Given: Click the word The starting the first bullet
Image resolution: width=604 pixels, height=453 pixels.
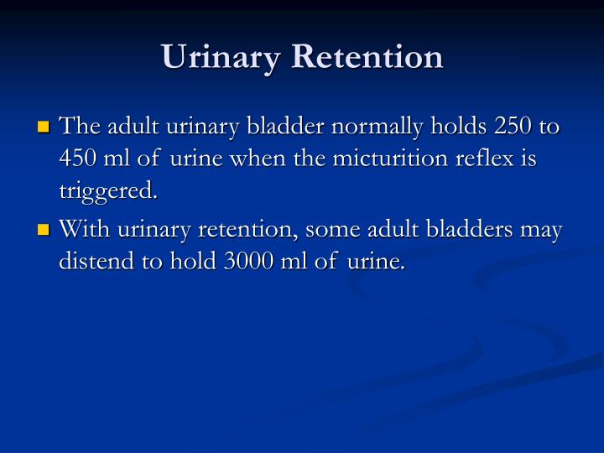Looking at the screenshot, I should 81,127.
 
